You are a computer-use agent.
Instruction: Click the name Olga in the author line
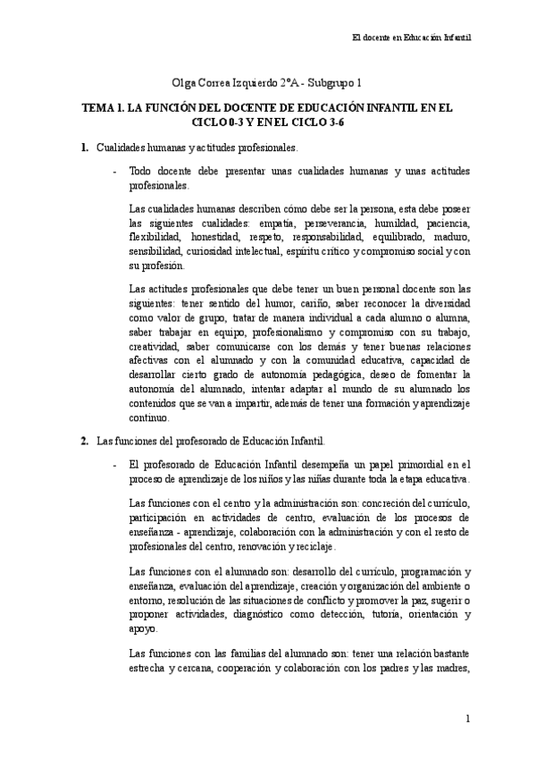pos(184,83)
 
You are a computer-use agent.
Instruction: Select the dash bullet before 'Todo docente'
pos(114,170)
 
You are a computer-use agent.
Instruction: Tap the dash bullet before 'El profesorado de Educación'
pos(114,464)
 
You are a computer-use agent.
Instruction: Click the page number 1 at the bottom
pos(468,720)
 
